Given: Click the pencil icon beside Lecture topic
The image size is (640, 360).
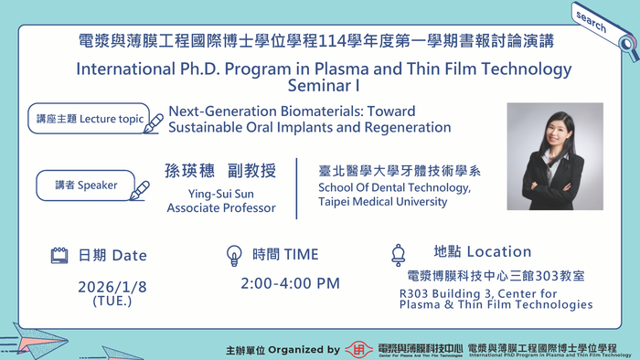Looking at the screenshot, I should [x=154, y=122].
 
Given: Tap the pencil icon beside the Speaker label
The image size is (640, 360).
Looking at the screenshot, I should [x=140, y=190].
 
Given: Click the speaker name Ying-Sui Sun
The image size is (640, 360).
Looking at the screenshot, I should [x=220, y=192].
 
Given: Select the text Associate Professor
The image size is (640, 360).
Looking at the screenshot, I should [x=220, y=207].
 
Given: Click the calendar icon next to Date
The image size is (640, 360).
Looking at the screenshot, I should [x=59, y=255].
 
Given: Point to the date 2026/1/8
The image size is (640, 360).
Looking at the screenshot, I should [x=112, y=286].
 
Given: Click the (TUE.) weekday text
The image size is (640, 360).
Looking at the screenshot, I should [x=112, y=301].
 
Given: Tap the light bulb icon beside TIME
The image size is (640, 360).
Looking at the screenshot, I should [x=233, y=255].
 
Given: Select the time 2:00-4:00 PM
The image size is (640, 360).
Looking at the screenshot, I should [x=290, y=283].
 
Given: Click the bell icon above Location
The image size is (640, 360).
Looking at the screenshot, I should [x=398, y=254].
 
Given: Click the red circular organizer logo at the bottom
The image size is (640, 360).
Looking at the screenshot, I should [x=357, y=348].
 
